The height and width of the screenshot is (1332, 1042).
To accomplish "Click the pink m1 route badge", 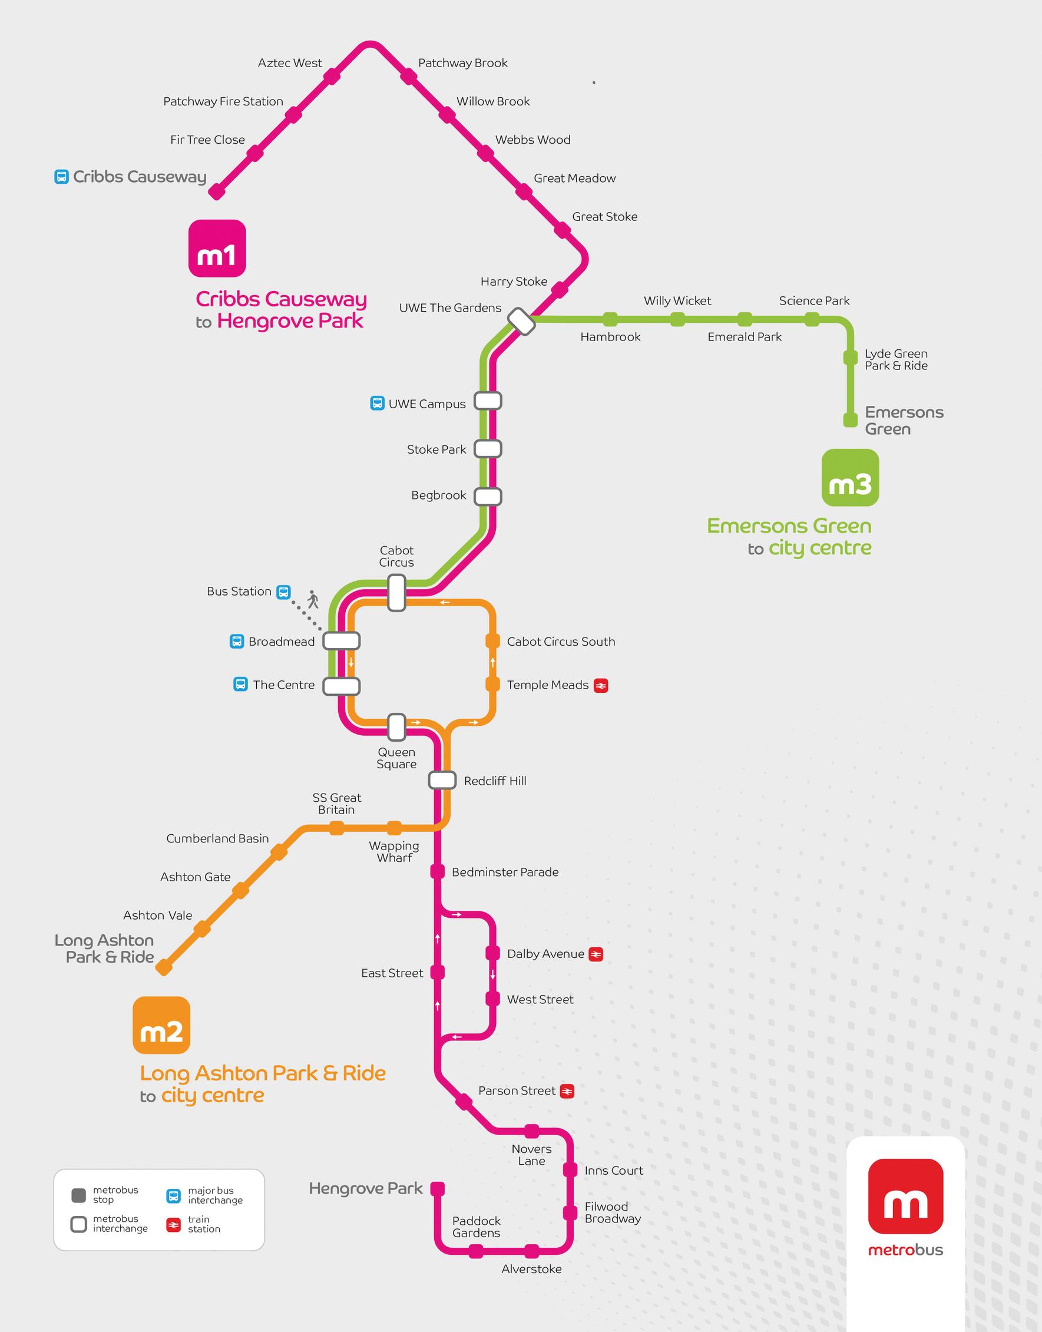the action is pos(217,249).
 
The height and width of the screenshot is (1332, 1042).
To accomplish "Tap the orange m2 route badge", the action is pos(161,1025).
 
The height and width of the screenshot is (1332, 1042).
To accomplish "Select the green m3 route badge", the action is pos(851,478).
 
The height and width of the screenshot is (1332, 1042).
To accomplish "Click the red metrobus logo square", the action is pos(905,1197).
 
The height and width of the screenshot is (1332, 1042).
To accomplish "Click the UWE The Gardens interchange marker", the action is pos(523,321).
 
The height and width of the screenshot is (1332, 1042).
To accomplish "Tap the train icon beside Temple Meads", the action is pos(601,686).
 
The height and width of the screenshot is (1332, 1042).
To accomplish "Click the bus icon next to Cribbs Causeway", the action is pos(62,177).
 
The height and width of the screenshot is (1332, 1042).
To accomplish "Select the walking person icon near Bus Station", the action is pos(313,599).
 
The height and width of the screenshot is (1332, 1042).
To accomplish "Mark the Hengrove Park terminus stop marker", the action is pos(438,1189).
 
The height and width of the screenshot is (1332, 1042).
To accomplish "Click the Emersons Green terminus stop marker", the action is pos(850,420).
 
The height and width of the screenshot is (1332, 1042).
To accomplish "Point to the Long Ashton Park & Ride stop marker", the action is pos(164,967).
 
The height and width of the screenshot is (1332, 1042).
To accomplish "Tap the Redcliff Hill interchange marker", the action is pos(442,780).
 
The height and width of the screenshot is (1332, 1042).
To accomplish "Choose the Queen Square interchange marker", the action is pos(396,727).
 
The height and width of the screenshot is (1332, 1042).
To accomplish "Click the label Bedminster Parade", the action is pos(505,872).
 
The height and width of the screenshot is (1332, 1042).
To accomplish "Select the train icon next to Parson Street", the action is pos(567,1091).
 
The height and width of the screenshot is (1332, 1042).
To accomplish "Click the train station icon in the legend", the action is pos(174,1225).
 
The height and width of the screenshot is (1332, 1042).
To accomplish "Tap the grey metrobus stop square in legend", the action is pos(79,1195).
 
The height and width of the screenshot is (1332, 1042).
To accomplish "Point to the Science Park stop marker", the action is pos(812,319).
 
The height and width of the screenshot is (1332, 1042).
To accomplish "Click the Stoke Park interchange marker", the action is pos(488,448).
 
